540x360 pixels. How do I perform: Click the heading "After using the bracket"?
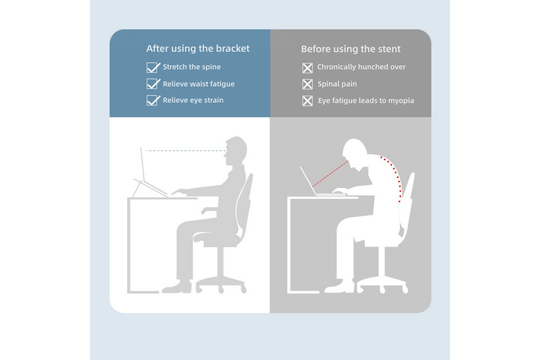[198, 49]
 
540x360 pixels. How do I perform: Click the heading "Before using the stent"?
[351, 49]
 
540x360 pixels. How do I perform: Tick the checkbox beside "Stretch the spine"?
[153, 67]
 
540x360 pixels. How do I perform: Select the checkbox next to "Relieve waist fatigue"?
[153, 84]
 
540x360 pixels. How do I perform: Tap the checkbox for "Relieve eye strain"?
[153, 100]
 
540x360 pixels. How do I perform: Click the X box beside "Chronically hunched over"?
[307, 68]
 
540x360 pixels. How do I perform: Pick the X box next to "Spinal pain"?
[307, 85]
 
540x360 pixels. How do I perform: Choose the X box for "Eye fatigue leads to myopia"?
[307, 101]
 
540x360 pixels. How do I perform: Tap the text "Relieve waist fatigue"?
[198, 84]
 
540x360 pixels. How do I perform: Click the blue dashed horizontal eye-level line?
[186, 151]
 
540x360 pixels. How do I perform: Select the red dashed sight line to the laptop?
[330, 174]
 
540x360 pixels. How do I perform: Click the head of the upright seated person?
[235, 151]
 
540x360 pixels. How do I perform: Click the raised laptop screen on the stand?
[143, 164]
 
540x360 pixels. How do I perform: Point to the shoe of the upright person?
[177, 287]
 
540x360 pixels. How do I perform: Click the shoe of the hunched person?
[339, 287]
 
